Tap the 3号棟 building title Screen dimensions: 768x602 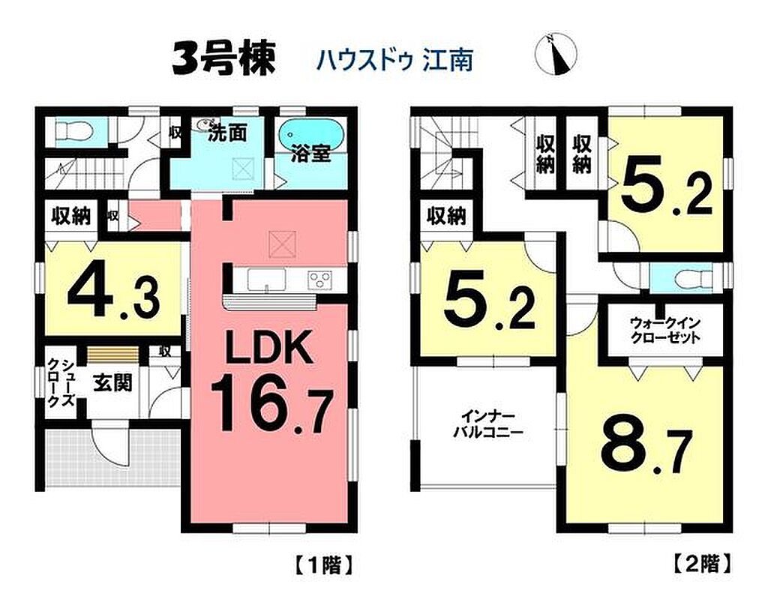(223, 58)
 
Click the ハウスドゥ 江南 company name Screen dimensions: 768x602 (394, 61)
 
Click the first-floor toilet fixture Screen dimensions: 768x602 (73, 131)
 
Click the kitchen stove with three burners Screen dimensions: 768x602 (319, 280)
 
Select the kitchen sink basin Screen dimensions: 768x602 (266, 280)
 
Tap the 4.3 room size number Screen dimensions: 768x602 (113, 296)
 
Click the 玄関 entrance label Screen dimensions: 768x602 (112, 383)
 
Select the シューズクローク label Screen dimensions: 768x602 (61, 383)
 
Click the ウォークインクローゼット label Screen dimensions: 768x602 (665, 331)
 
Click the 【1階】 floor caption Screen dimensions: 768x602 (324, 565)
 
